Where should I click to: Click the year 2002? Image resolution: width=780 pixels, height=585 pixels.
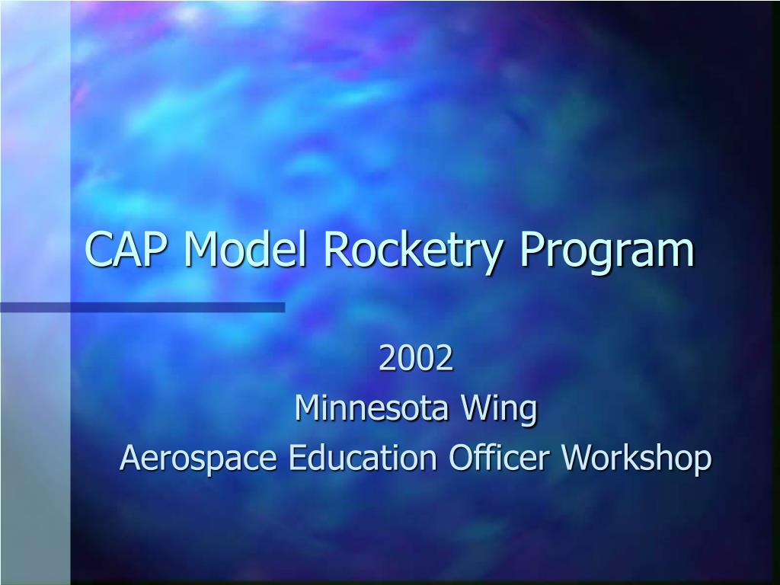pos(416,360)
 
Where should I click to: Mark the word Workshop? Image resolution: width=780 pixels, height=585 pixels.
pos(636,459)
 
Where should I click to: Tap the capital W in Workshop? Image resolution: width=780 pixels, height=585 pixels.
pos(576,458)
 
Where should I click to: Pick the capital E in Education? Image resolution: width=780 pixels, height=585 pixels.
pos(300,458)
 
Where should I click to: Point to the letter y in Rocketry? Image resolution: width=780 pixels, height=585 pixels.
pos(496,254)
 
